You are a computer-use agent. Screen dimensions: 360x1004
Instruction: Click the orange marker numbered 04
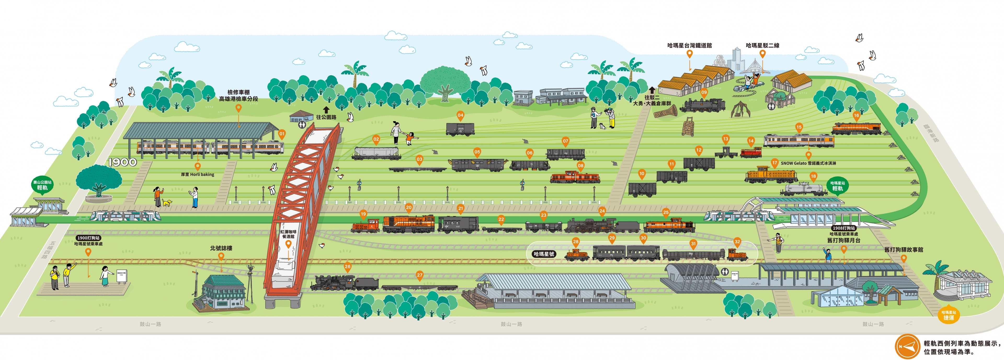click(460, 115)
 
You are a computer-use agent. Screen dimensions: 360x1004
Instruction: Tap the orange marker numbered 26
click(347, 267)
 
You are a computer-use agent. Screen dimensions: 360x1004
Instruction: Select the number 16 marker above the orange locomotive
click(856, 115)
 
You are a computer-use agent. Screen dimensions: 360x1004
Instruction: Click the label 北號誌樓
click(221, 248)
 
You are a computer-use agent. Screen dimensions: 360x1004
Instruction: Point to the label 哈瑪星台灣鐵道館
click(689, 45)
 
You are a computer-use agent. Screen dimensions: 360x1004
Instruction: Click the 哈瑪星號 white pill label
click(544, 254)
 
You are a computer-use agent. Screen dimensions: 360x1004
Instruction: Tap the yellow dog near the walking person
click(167, 202)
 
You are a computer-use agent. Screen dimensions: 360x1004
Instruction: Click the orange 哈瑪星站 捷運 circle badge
click(949, 315)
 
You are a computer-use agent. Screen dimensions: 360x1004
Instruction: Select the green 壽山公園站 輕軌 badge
click(42, 185)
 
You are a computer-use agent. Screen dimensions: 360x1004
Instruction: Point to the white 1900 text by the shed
click(122, 162)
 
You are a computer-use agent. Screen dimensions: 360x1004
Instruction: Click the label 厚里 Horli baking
click(198, 175)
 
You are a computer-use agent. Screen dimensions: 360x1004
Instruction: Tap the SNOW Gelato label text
click(808, 163)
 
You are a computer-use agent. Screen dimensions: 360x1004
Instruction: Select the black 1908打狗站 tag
click(844, 228)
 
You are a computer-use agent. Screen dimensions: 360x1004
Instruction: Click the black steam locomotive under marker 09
click(702, 105)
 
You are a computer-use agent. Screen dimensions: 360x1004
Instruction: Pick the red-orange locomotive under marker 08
click(575, 178)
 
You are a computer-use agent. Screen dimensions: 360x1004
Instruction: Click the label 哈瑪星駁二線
click(762, 45)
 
